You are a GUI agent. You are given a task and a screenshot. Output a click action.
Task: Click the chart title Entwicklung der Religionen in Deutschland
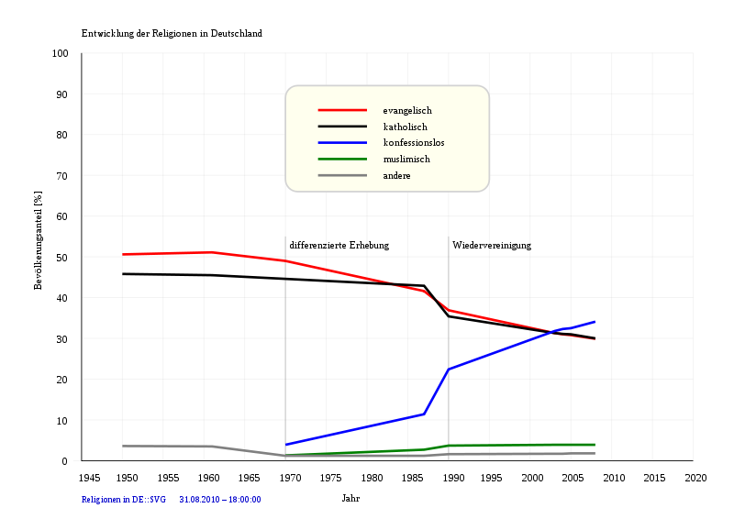coord(172,34)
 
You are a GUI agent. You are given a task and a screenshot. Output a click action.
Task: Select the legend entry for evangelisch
coord(407,111)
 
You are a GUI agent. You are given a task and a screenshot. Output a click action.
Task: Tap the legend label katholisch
coord(405,127)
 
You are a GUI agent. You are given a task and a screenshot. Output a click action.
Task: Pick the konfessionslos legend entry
coord(413,143)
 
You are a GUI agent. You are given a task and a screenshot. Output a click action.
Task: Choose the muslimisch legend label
coord(406,159)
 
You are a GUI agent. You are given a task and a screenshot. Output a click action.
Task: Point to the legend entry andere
coord(396,175)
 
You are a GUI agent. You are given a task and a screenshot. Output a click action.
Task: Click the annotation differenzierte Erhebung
coord(339,246)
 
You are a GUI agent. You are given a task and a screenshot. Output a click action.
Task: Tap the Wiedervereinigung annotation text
coord(492,246)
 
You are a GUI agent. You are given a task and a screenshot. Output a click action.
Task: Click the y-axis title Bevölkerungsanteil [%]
coord(39,241)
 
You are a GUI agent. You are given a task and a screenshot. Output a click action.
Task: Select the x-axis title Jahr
coord(350,499)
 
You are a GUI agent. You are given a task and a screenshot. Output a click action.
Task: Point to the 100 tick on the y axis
coord(61,54)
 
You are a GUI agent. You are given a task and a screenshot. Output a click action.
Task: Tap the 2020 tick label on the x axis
coord(695,478)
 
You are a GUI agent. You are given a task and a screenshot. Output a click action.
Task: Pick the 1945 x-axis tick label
coord(90,478)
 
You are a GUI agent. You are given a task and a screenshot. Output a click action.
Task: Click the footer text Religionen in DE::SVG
coord(124,500)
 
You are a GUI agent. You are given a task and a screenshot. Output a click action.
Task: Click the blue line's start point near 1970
coord(286,444)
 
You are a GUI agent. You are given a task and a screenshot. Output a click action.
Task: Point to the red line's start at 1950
coord(123,254)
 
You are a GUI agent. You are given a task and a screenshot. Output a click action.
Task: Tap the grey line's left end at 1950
coord(123,446)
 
